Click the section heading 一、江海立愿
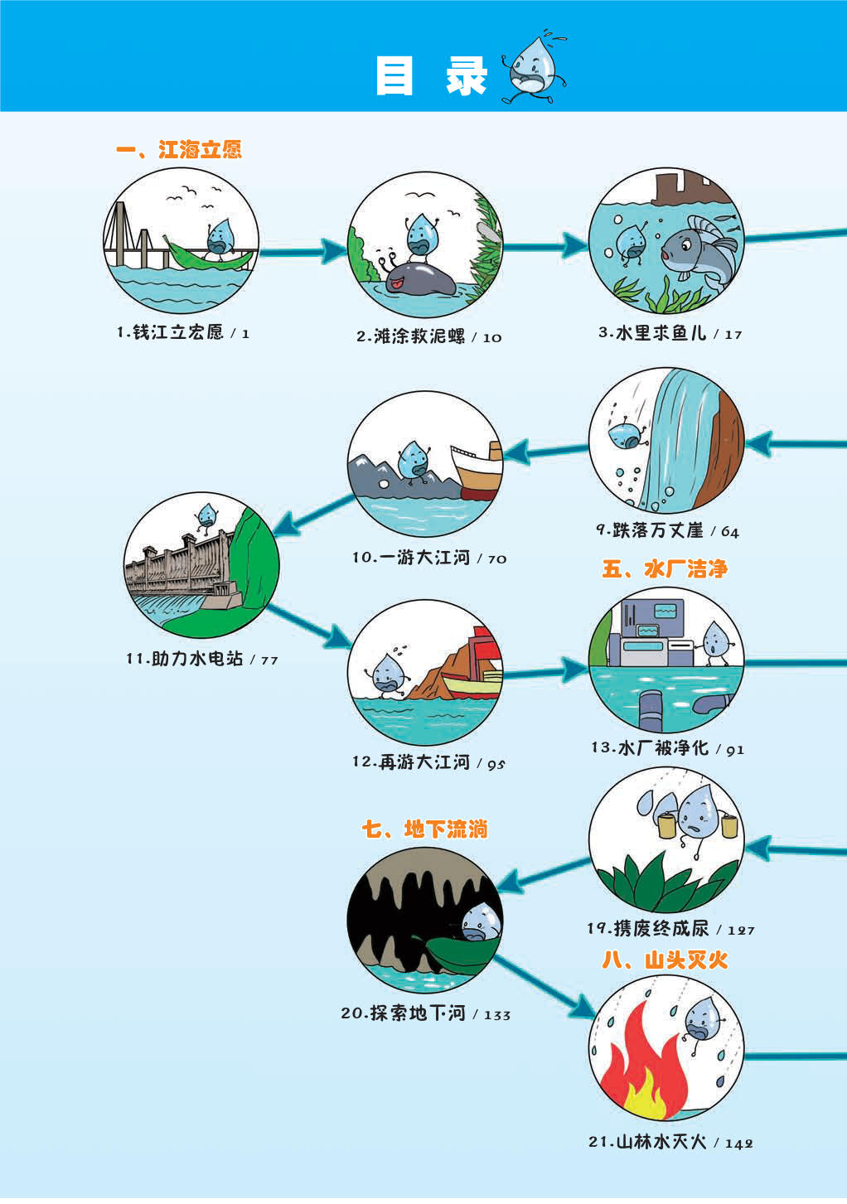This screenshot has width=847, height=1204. pos(178,150)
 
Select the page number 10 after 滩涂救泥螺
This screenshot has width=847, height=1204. pos(492,338)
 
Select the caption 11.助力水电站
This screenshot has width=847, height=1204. pos(185,660)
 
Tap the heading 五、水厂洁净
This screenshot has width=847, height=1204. pos(665,569)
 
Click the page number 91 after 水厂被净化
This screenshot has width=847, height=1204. pos(735,750)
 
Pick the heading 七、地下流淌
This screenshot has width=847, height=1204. pos(424,829)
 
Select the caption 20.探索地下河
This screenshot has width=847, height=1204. pos(404,1013)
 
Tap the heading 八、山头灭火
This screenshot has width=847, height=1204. pos(665,960)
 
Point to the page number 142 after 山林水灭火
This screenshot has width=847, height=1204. pos(738,1144)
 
